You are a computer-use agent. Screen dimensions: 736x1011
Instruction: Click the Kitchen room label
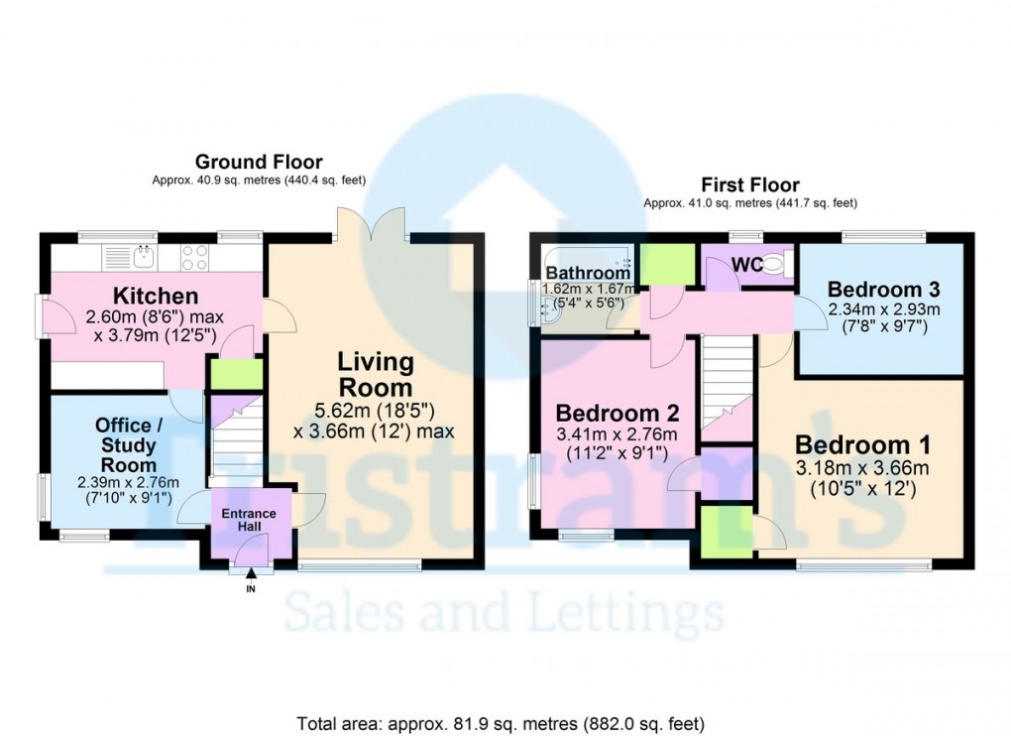point(156,296)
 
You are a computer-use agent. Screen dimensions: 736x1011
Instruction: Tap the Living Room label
point(375,374)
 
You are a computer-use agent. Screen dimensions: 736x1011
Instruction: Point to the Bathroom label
point(588,273)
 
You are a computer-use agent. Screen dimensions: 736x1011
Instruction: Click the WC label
point(745,264)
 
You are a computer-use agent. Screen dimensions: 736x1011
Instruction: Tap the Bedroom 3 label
point(883,290)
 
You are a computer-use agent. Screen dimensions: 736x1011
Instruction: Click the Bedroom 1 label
point(864,445)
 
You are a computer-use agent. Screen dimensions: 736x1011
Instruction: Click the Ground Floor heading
point(258,162)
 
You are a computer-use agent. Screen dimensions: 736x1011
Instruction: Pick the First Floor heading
point(749,184)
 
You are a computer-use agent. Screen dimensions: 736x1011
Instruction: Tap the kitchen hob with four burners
point(195,257)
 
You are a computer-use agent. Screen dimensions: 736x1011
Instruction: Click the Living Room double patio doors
point(371,223)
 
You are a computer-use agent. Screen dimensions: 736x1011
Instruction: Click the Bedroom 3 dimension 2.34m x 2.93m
point(883,308)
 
